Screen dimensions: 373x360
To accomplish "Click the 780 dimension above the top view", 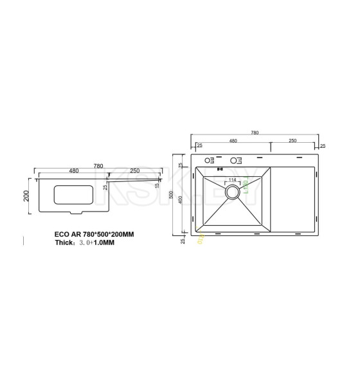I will click(255, 132).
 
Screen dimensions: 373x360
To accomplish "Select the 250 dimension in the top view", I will click(292, 141).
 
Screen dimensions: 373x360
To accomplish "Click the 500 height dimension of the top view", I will click(181, 195).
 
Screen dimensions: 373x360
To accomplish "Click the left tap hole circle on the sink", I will click(208, 160).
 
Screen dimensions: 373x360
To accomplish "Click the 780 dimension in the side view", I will click(98, 165).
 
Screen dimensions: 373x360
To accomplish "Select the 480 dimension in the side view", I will click(73, 171).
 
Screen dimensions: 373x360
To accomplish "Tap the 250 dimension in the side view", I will click(135, 171).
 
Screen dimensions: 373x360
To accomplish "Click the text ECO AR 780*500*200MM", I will click(94, 234).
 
